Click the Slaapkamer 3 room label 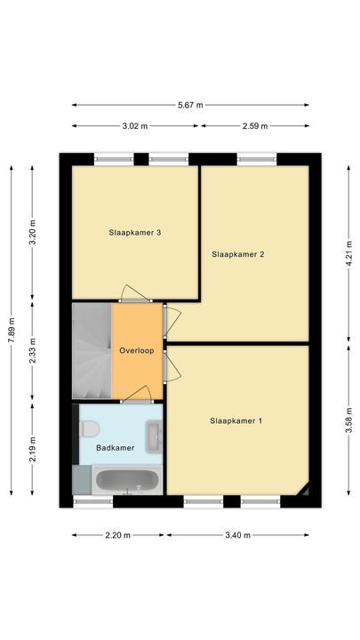134,233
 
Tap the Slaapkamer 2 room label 238,254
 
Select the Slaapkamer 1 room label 236,420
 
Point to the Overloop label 137,351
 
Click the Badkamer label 116,448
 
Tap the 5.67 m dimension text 190,105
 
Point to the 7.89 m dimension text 12,328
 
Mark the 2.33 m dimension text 33,352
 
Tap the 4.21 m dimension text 348,251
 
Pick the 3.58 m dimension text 348,420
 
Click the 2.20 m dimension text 116,535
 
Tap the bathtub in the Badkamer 126,483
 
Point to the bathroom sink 156,434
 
